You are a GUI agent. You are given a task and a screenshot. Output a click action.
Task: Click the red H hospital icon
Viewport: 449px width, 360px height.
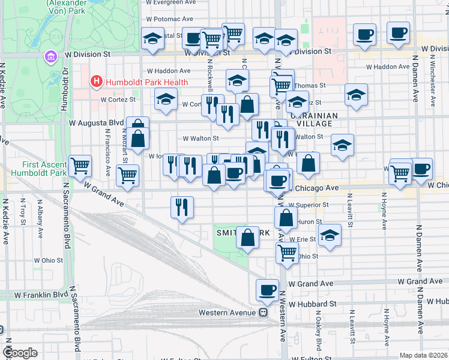tap(95, 81)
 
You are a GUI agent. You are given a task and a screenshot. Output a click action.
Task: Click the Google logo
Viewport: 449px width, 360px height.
tap(20, 353)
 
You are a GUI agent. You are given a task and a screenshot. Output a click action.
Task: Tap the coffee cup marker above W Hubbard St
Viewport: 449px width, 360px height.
tap(267, 289)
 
